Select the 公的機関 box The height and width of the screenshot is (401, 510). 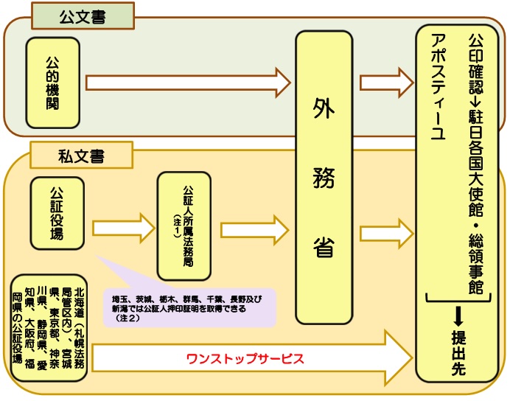[52, 83]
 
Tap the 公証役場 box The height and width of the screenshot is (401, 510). [57, 213]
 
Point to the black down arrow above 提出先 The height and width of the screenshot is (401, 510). [458, 315]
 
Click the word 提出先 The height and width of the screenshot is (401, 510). [458, 353]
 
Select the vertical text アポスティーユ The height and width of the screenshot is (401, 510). [438, 88]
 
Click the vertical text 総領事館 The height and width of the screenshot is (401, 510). [475, 262]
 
